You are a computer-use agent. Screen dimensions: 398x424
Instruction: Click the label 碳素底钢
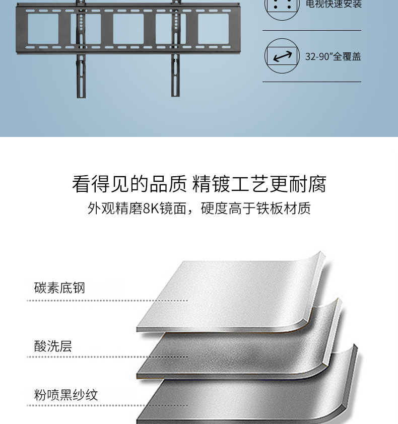[59, 288]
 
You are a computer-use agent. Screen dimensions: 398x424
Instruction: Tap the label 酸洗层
[53, 346]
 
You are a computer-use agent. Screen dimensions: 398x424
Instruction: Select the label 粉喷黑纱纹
[66, 395]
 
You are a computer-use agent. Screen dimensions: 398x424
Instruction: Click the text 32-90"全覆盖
[333, 56]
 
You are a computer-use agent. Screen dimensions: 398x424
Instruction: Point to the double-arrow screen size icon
[282, 56]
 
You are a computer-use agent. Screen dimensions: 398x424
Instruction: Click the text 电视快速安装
[334, 5]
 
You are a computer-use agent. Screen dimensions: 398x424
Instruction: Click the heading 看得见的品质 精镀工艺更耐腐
[199, 184]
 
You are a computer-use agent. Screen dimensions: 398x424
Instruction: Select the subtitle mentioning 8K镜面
[199, 208]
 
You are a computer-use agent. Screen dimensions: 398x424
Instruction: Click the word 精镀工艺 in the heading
[231, 184]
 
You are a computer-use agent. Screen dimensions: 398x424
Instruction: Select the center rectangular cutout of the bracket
[128, 29]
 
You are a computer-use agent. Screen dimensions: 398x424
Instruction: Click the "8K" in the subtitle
[151, 208]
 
